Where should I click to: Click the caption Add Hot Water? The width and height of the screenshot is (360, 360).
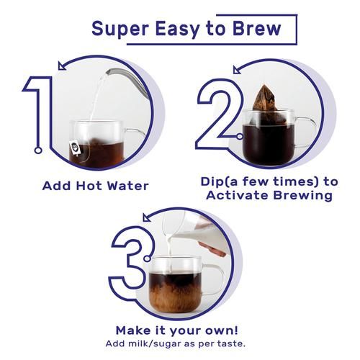(x=96, y=186)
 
